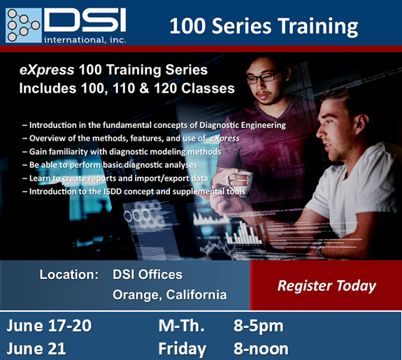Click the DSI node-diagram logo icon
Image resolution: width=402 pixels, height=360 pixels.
pos(24,25)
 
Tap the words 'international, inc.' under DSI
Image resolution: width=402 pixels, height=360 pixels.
pos(85,40)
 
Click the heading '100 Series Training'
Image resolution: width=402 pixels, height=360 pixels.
pos(264,26)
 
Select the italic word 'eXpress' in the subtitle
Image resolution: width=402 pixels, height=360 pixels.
pos(47,70)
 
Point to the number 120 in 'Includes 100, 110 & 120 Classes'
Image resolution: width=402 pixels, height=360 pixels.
pos(166,88)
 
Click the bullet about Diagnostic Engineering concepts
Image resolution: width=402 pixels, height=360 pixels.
pos(154,125)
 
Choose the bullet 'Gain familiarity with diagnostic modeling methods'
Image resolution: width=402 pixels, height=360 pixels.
pos(122,152)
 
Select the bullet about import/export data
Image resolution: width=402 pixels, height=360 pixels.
pos(115,178)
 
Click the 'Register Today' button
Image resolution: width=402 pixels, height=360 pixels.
pos(326,285)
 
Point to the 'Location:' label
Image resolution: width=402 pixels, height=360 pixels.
pos(69,275)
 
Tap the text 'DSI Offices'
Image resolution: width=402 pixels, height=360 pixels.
pos(148,275)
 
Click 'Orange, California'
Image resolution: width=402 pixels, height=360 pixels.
pos(170,295)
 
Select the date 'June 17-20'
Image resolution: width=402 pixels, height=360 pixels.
pos(49,326)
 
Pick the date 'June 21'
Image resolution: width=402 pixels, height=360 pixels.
pos(36,349)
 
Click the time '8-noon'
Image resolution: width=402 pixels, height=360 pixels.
pos(261,349)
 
